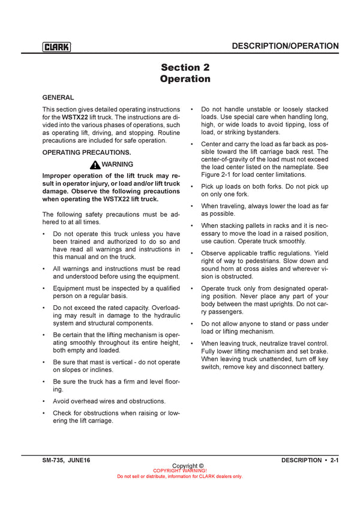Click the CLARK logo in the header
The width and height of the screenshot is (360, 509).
pyautogui.click(x=56, y=47)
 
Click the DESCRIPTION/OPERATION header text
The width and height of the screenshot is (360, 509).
pyautogui.click(x=285, y=46)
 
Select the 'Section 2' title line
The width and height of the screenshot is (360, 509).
pyautogui.click(x=185, y=68)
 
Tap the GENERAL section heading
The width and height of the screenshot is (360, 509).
pyautogui.click(x=58, y=97)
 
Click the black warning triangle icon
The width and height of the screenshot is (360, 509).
pyautogui.click(x=95, y=164)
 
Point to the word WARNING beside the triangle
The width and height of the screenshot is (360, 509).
pyautogui.click(x=118, y=164)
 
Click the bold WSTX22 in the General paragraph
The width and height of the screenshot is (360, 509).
pyautogui.click(x=76, y=117)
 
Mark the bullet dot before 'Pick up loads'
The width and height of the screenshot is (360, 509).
pyautogui.click(x=191, y=187)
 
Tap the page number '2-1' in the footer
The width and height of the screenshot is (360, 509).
pyautogui.click(x=335, y=460)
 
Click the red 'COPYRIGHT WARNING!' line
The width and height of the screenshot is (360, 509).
pyautogui.click(x=180, y=471)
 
